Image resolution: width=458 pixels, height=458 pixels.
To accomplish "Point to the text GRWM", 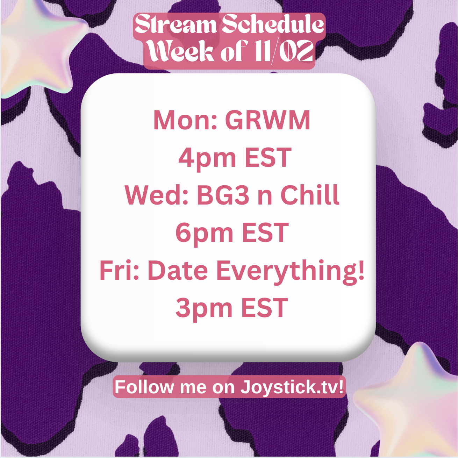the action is point(268,120).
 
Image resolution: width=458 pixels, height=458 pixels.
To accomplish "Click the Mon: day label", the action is point(185,120).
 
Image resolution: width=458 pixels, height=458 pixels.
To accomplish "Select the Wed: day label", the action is point(157,195).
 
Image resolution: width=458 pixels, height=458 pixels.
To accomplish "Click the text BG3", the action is point(223,195).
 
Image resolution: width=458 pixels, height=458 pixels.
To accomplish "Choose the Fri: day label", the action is point(119,271).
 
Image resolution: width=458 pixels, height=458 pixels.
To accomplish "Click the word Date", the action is point(178,271).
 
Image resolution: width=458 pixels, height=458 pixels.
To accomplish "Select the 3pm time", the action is point(204,308).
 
